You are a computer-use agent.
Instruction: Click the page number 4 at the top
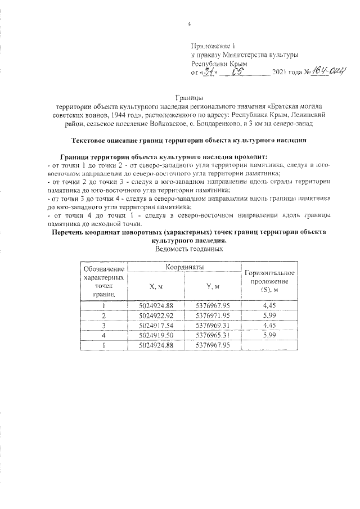click(x=189, y=24)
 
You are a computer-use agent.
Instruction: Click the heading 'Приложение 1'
click(x=213, y=44)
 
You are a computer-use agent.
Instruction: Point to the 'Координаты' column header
click(x=184, y=267)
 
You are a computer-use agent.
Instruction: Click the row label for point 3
click(x=103, y=325)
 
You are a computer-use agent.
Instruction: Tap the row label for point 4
click(x=103, y=334)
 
